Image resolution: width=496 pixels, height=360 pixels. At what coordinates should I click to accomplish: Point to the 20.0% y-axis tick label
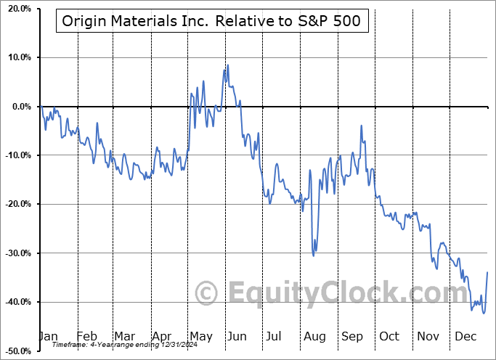click(17, 9)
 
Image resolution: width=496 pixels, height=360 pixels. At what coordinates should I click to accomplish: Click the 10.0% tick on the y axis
click(17, 57)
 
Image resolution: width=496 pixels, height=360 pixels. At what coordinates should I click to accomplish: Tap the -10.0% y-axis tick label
click(15, 155)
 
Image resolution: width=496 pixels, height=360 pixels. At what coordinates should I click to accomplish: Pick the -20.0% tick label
click(15, 204)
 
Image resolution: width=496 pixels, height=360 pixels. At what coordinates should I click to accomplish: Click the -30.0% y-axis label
click(15, 253)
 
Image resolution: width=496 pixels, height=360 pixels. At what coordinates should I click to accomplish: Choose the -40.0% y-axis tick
click(15, 302)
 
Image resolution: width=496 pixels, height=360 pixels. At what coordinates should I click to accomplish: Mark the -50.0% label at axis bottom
click(15, 351)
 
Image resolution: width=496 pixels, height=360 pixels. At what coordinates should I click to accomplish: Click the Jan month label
click(48, 336)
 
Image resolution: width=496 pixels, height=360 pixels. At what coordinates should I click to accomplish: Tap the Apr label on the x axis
click(162, 336)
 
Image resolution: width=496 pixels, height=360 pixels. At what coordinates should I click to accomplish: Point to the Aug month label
click(314, 336)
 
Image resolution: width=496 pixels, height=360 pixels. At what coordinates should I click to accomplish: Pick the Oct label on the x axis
click(389, 336)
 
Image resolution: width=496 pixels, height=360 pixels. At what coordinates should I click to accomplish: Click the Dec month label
click(465, 336)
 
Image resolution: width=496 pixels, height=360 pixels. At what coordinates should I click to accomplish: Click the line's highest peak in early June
click(227, 65)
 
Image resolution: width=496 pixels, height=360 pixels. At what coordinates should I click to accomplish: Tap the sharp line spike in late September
click(361, 126)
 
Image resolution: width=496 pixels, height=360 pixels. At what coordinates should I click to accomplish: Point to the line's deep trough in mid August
click(313, 255)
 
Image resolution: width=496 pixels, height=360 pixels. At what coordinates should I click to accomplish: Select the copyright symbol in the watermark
click(207, 292)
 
